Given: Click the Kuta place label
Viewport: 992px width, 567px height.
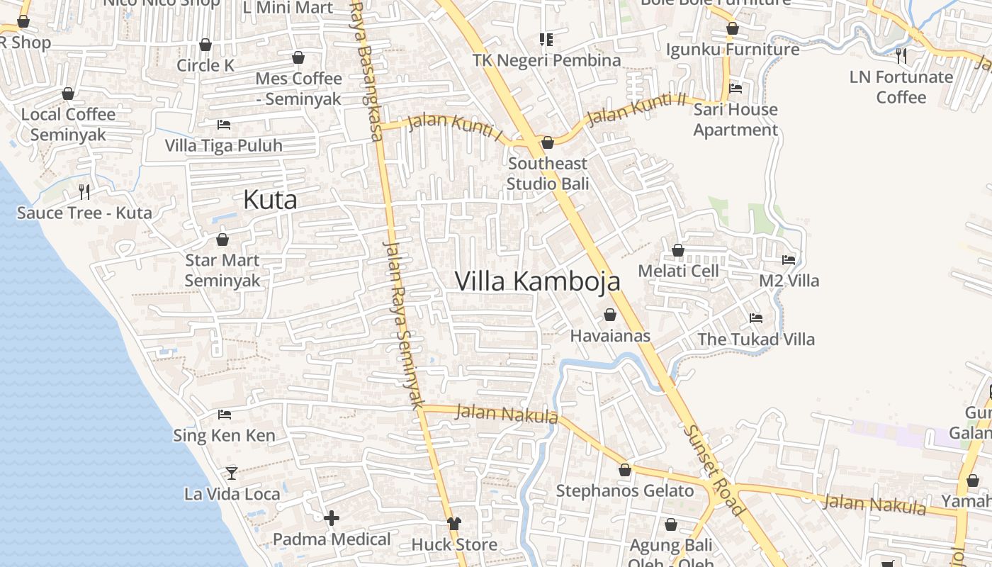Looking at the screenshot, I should (x=270, y=200).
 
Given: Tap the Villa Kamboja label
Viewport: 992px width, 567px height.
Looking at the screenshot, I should (x=537, y=281).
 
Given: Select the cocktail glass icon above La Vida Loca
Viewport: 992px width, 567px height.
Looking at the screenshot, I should (x=232, y=473).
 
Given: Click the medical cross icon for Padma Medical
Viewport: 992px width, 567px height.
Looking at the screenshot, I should (x=332, y=519).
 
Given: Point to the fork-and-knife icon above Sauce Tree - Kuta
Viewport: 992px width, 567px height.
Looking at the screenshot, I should (x=84, y=191).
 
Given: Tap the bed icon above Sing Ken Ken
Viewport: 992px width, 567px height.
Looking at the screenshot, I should (x=225, y=415).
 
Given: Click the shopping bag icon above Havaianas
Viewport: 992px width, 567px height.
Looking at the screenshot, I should (x=610, y=315).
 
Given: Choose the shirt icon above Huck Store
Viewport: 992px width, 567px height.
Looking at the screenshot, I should (x=454, y=524).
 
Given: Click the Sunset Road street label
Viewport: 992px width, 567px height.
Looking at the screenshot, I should (x=714, y=470).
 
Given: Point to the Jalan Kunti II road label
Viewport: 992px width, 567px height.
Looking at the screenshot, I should (x=637, y=108).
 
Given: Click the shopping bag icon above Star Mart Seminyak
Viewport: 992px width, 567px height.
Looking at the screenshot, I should (x=222, y=240).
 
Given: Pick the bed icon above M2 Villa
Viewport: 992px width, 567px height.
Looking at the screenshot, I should (x=789, y=260).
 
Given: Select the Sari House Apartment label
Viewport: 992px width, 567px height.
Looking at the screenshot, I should (x=735, y=120).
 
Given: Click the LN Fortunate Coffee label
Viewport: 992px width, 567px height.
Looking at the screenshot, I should (x=901, y=86).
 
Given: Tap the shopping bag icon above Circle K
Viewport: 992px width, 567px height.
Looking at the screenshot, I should (x=205, y=45).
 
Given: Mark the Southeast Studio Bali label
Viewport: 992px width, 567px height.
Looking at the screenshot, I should (x=548, y=174).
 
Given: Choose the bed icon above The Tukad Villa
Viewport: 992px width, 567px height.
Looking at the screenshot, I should (x=756, y=318).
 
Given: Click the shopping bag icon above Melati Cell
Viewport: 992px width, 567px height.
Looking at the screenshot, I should (x=678, y=250).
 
